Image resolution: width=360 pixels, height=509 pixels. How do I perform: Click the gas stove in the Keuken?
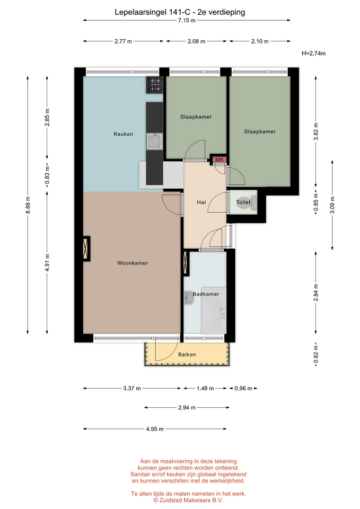[x=154, y=85]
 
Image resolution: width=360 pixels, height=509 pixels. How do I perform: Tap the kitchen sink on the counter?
[x=154, y=142]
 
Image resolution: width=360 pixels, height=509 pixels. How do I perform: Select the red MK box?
[x=219, y=160]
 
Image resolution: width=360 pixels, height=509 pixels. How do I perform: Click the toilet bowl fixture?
[x=252, y=202]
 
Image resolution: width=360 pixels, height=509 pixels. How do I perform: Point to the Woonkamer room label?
[x=133, y=263]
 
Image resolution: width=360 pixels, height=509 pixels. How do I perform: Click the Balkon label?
[x=187, y=355]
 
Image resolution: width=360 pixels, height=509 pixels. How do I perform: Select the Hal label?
[x=201, y=202]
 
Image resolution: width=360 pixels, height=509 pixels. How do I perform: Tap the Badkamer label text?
[x=206, y=294]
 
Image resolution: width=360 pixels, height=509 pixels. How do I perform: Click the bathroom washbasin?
[x=189, y=297]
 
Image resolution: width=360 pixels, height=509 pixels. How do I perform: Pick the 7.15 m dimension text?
[x=187, y=21]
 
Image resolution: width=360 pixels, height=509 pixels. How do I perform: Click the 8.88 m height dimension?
[x=28, y=205]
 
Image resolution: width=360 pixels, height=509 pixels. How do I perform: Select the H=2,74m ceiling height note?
[x=313, y=53]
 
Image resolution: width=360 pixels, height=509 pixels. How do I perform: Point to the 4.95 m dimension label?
[x=155, y=429]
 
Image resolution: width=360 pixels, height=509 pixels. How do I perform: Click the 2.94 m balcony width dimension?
[x=187, y=407]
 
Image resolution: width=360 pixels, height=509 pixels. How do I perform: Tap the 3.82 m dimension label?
[x=316, y=131]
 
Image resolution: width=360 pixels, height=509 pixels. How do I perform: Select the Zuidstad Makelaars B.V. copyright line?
[x=188, y=500]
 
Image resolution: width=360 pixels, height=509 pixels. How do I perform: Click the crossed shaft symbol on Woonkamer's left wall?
[x=86, y=249]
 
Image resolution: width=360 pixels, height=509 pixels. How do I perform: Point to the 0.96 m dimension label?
[x=243, y=388]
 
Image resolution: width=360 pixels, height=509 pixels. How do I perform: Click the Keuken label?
[x=124, y=134]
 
